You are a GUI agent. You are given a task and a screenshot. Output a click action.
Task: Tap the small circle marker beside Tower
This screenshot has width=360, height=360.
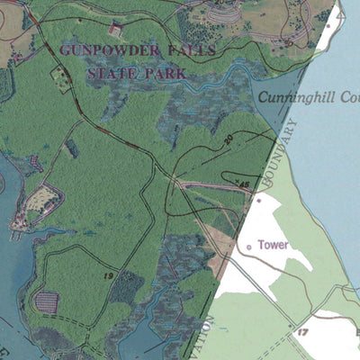click(249, 245)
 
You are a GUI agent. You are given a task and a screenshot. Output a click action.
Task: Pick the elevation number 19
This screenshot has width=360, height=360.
click(107, 273)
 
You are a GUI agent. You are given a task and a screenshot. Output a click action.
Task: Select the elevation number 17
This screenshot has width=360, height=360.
click(302, 332)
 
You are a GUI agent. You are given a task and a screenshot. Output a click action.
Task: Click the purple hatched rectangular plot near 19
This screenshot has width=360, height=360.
click(45, 301)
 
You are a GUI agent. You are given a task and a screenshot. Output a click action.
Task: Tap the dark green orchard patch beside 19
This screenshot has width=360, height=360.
click(126, 288)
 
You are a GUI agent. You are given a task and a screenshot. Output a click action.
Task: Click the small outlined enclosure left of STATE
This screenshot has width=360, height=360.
click(61, 78)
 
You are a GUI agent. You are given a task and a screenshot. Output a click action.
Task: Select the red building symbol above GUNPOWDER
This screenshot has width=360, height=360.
click(114, 29)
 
